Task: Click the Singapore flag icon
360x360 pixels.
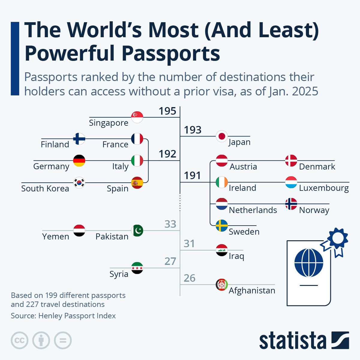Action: pyautogui.click(x=137, y=117)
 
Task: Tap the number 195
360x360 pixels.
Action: pyautogui.click(x=167, y=111)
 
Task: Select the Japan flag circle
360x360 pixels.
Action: pyautogui.click(x=222, y=136)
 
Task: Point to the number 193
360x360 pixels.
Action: pyautogui.click(x=193, y=130)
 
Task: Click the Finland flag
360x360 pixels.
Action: pyautogui.click(x=79, y=139)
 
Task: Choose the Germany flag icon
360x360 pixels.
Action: pyautogui.click(x=79, y=160)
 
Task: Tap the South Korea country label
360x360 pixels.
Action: pyautogui.click(x=45, y=188)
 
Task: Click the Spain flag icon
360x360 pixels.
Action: pyautogui.click(x=137, y=182)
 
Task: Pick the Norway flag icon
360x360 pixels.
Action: pyautogui.click(x=291, y=204)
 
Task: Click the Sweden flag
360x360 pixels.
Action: pyautogui.click(x=222, y=226)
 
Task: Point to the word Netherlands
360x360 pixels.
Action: pyautogui.click(x=253, y=210)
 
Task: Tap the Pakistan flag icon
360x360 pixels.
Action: pyautogui.click(x=137, y=230)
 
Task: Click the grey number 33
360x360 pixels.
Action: pyautogui.click(x=170, y=224)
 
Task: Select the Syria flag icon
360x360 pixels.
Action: pyautogui.click(x=137, y=268)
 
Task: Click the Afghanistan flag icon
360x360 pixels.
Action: pyautogui.click(x=222, y=285)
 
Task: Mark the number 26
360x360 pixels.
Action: pyautogui.click(x=189, y=278)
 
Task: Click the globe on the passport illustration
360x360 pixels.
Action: pyautogui.click(x=309, y=263)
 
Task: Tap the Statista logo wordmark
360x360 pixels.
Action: pyautogui.click(x=293, y=341)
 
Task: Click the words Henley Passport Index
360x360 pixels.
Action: pyautogui.click(x=77, y=316)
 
